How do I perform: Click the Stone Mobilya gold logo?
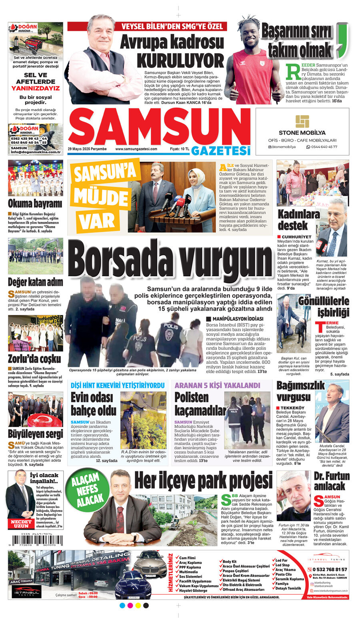302,121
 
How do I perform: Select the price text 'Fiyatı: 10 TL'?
180,149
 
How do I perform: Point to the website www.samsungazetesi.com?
136,149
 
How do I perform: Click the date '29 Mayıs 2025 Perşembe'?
87,149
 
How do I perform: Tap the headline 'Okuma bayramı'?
35,203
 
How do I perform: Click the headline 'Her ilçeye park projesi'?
203,481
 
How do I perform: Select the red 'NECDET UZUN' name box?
21,524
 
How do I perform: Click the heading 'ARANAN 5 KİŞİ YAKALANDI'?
217,385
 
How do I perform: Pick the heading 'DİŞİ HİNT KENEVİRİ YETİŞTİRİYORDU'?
118,385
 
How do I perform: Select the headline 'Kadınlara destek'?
298,219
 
